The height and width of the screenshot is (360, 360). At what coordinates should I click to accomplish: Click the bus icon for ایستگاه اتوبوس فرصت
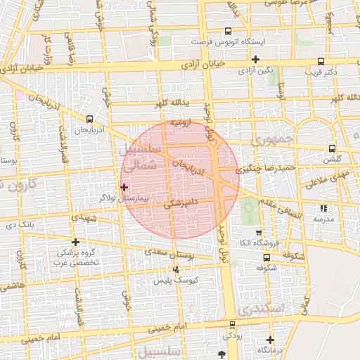(x=227, y=31)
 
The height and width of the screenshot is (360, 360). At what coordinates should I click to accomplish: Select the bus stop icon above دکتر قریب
(x=321, y=60)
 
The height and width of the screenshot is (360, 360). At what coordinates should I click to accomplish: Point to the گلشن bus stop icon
(x=332, y=148)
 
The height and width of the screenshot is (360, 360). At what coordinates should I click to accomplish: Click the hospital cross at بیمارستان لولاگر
(x=124, y=187)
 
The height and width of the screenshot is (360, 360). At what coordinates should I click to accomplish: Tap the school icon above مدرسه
(x=323, y=208)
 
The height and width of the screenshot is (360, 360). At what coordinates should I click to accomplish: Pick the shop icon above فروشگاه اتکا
(x=258, y=233)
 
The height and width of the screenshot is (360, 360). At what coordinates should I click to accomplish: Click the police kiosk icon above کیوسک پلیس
(x=176, y=269)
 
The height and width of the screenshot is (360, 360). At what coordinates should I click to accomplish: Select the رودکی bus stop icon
(x=233, y=324)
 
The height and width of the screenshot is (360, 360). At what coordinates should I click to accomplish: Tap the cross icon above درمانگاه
(x=270, y=340)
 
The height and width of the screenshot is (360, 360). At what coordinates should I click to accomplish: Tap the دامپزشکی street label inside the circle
(x=181, y=204)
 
